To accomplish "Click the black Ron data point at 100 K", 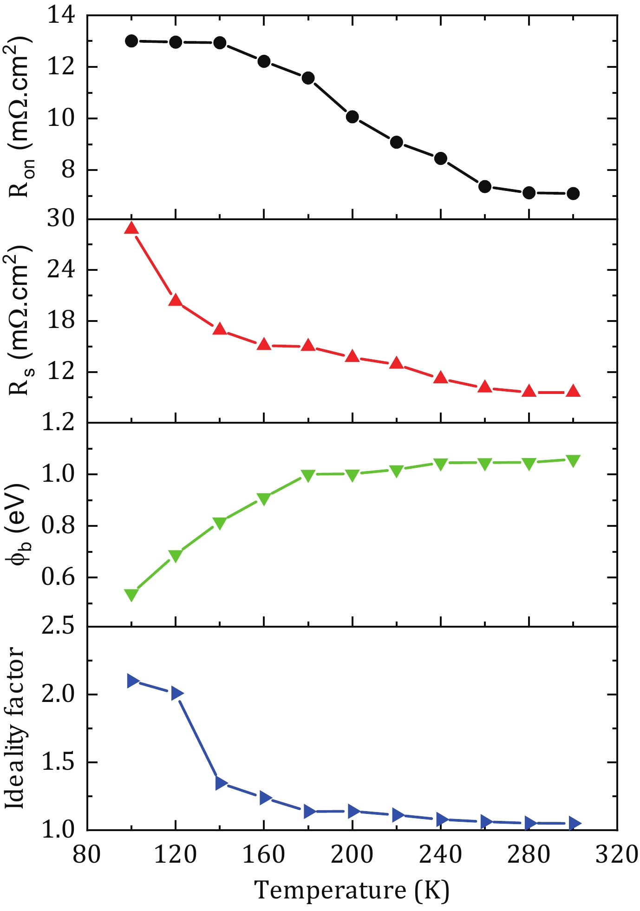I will [x=131, y=41].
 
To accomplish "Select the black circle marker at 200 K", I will [x=353, y=117].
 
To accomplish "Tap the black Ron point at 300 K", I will [x=573, y=193].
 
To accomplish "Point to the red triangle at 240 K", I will [x=441, y=378].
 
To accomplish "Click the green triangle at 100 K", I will [x=131, y=595].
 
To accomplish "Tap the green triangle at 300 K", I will [x=573, y=460].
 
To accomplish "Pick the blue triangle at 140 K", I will [x=221, y=783].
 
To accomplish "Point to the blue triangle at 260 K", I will [x=486, y=821].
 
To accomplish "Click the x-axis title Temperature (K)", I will [x=352, y=890].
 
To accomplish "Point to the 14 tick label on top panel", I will [x=60, y=17].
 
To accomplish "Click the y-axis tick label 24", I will [x=60, y=270].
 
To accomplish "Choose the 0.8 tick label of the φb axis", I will [x=58, y=526].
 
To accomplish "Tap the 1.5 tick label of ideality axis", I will [x=58, y=762].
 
